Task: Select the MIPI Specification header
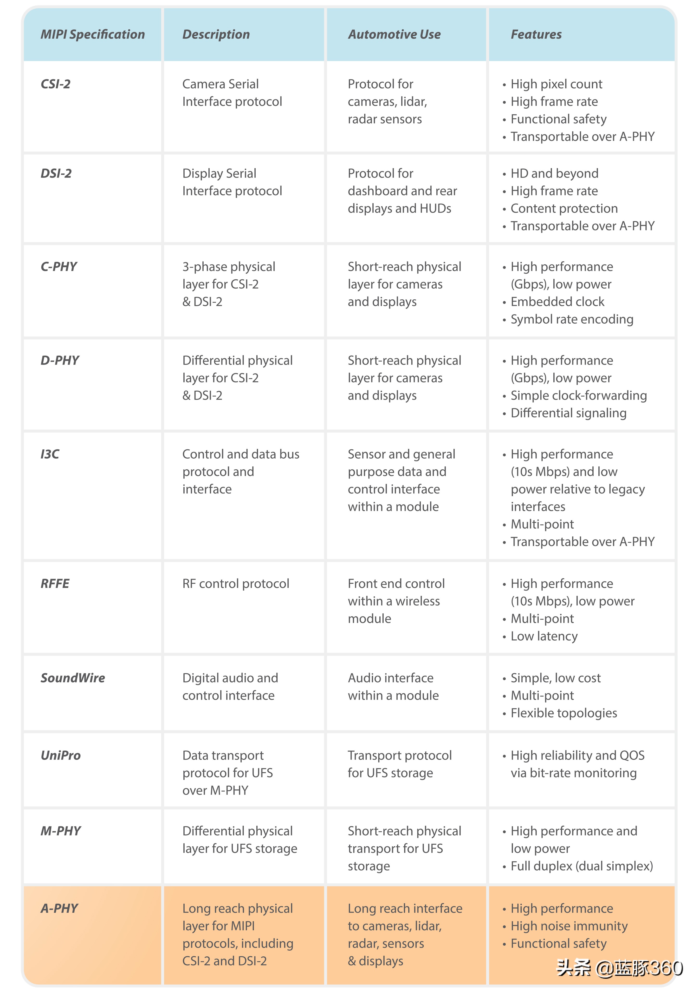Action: coord(92,35)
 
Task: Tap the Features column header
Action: coord(536,35)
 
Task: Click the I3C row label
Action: coord(50,454)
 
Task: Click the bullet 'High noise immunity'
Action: coord(569,926)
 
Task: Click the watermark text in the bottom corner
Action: coord(619,968)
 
